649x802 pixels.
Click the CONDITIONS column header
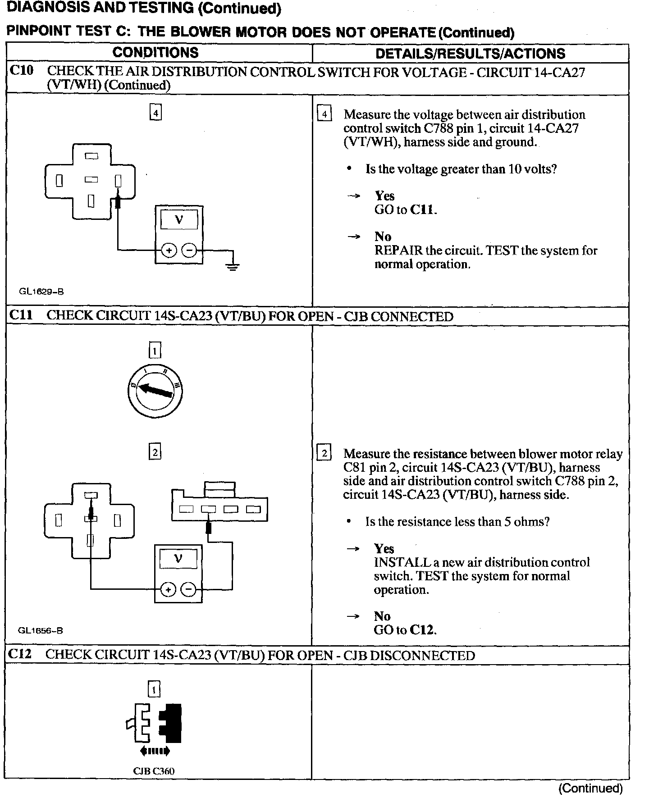point(155,52)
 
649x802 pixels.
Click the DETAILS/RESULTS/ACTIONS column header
point(470,54)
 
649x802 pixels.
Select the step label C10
point(21,71)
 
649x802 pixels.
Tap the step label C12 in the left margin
point(20,654)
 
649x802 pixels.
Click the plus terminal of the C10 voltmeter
point(169,251)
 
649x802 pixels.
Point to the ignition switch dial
point(155,391)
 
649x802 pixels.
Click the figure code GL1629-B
point(41,292)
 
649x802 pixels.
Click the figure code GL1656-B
point(40,630)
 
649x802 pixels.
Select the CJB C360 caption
point(154,771)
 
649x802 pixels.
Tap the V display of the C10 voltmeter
point(179,220)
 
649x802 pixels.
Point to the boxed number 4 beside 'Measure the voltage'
point(324,114)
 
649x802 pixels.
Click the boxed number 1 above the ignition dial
point(155,350)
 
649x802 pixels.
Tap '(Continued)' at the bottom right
point(590,788)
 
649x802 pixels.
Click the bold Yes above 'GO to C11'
point(384,196)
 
